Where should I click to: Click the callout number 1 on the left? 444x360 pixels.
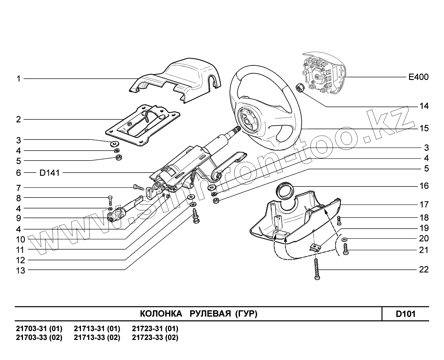coord(19,79)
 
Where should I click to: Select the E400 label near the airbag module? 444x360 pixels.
coord(418,77)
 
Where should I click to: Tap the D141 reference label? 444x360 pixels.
coord(50,173)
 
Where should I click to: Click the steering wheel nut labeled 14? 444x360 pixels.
coord(300,87)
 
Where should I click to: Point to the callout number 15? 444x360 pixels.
coord(424,128)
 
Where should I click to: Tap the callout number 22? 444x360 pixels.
coord(424,269)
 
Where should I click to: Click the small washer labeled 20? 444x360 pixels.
coord(345,239)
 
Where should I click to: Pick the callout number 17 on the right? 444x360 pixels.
coord(424,205)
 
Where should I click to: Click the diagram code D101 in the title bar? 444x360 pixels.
coord(405,314)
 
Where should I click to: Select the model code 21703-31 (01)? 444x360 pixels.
coord(39,329)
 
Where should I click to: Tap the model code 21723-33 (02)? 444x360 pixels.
coord(155,338)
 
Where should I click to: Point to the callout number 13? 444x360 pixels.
coord(20,270)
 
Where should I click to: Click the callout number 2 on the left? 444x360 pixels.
coord(18,119)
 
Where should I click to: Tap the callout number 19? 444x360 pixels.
coord(424,228)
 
